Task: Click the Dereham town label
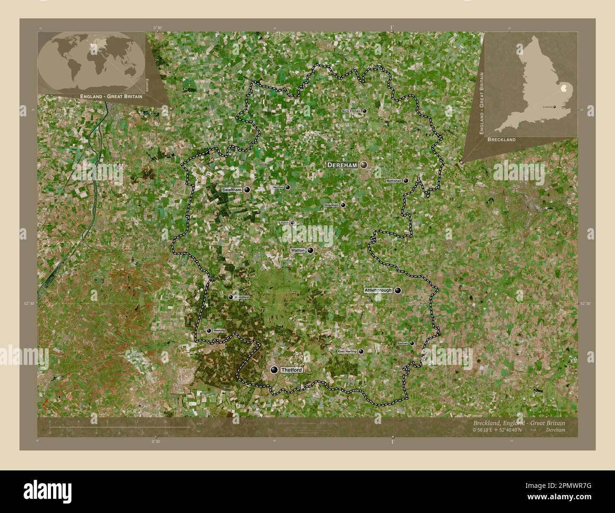coord(343,165)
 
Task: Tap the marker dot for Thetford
coord(274,370)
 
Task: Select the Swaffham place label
coord(232,190)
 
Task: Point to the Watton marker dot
coord(310,250)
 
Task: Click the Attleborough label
coord(378,290)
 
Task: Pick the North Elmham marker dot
coord(365,111)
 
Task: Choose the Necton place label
coord(278,187)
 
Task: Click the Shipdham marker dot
coord(343,205)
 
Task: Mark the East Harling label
coord(347,352)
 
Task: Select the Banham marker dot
coord(412,344)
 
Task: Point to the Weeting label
coord(219,330)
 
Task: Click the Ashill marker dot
coord(293,222)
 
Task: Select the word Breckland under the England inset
coord(501,140)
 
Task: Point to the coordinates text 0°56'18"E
coord(488,430)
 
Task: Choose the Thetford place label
coord(291,370)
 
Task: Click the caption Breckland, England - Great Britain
coord(518,423)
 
